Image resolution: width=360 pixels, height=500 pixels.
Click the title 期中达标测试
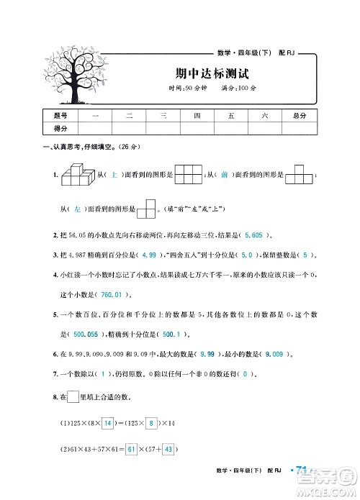[x=201, y=73]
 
